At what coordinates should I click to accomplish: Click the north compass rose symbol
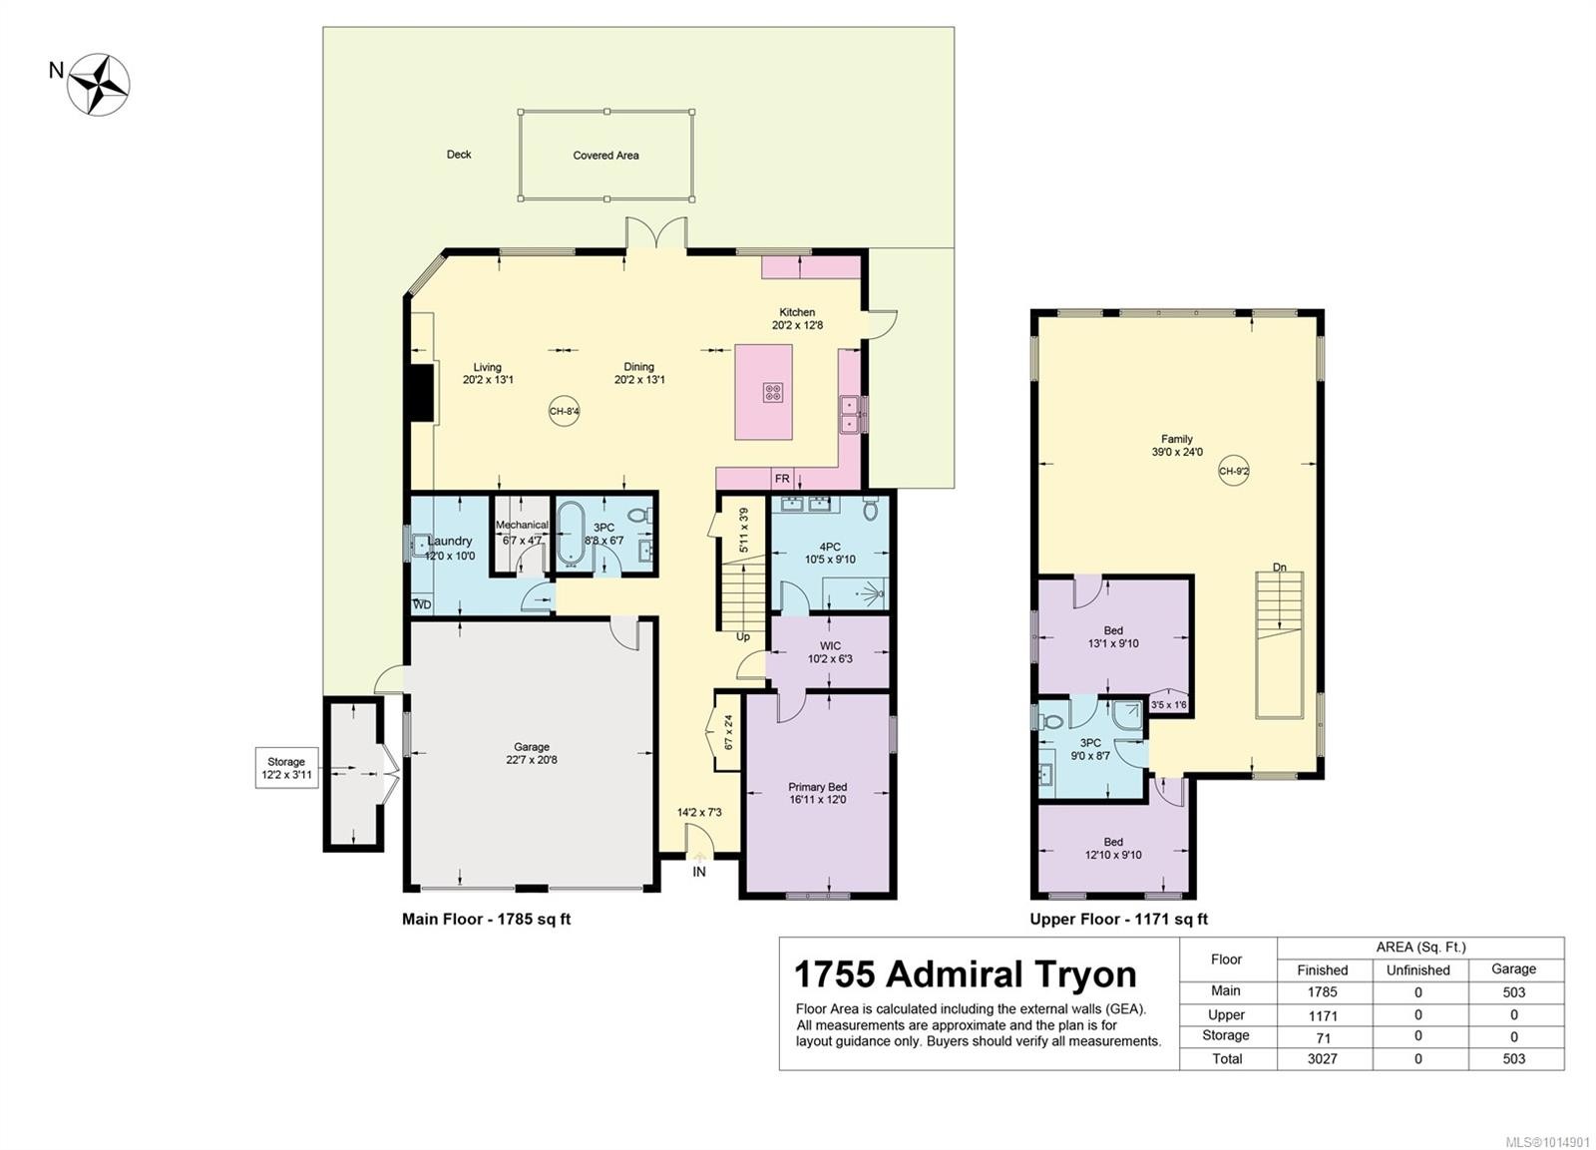[x=99, y=84]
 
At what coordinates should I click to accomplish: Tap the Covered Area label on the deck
[x=605, y=156]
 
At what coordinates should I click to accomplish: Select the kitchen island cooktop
[x=773, y=392]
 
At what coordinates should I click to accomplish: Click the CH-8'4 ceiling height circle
[x=564, y=411]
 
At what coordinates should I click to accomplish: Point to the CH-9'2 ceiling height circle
[x=1233, y=471]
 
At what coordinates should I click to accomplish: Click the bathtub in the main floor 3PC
[x=570, y=534]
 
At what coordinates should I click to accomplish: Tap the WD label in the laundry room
[x=422, y=605]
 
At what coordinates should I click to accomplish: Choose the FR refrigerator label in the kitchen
[x=782, y=479]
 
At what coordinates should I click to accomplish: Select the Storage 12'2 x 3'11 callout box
[x=285, y=768]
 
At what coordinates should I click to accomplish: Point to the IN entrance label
[x=699, y=872]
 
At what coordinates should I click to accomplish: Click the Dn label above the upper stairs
[x=1280, y=568]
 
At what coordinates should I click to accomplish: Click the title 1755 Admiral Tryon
[x=965, y=974]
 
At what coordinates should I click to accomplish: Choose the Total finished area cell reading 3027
[x=1323, y=1059]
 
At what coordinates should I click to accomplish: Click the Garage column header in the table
[x=1513, y=969]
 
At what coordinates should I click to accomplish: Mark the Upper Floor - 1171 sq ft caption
[x=1118, y=920]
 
